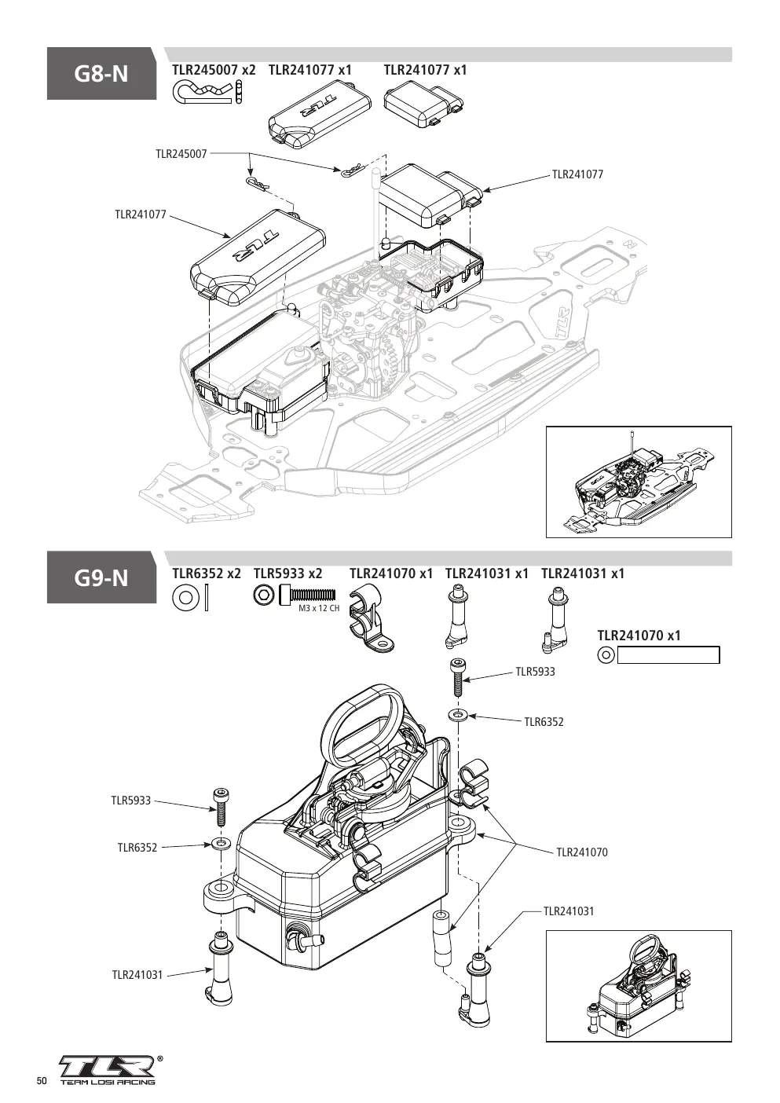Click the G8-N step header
pos(101,74)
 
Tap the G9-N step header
pos(101,577)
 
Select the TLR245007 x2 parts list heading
pos(214,70)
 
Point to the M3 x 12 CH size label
pos(319,608)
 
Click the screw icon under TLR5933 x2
pos(308,595)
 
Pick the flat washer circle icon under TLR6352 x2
pos(185,597)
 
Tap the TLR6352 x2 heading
pos(207,573)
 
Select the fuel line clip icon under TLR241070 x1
pos(370,617)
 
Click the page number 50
pos(42,1080)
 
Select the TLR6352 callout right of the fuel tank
pos(544,722)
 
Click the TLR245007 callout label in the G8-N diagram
pos(181,154)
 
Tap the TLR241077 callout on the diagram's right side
pos(577,174)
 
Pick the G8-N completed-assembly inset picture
pos(639,482)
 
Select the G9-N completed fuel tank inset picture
pos(639,986)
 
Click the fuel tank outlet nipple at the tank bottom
pos(306,942)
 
